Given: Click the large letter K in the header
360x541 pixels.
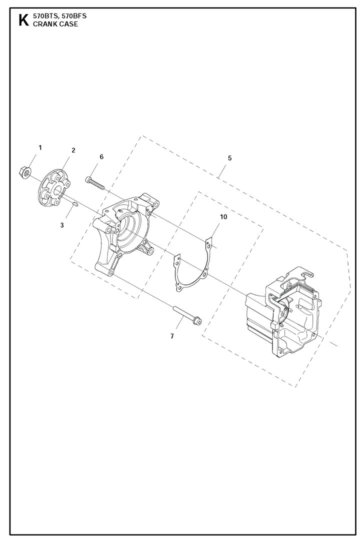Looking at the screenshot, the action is pyautogui.click(x=23, y=20).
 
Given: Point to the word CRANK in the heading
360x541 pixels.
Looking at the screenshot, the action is pyautogui.click(x=44, y=24).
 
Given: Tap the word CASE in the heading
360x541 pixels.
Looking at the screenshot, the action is pyautogui.click(x=67, y=24).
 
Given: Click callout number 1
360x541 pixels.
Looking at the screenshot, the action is pyautogui.click(x=40, y=148).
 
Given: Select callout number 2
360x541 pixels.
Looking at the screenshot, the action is pyautogui.click(x=73, y=150).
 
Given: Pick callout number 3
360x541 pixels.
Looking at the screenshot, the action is pyautogui.click(x=62, y=225).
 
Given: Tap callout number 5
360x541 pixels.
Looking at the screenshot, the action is pyautogui.click(x=229, y=158).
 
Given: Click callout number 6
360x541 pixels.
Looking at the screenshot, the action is pyautogui.click(x=101, y=156).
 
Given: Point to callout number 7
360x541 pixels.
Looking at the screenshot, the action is pyautogui.click(x=172, y=336).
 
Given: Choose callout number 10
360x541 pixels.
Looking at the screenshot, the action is pyautogui.click(x=223, y=216).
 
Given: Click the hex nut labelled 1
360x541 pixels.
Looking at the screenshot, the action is pyautogui.click(x=25, y=171).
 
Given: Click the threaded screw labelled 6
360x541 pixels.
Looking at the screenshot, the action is pyautogui.click(x=94, y=183).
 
